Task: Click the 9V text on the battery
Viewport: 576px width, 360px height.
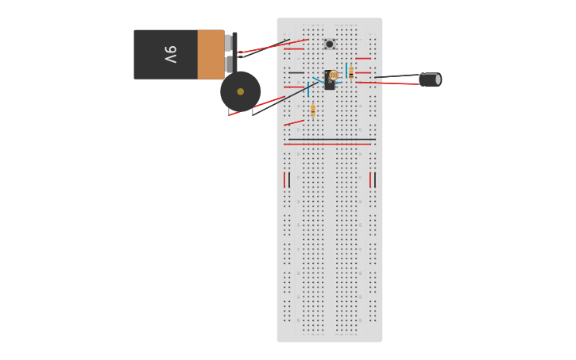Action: (170, 55)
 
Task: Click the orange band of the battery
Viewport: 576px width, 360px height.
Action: (211, 55)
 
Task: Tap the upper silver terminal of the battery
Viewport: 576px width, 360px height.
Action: (229, 42)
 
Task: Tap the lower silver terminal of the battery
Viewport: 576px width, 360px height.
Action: (229, 64)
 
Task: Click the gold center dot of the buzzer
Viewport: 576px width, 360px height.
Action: (241, 91)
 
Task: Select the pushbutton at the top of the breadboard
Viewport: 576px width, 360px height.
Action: (329, 45)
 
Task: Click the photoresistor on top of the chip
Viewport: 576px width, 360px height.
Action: (334, 75)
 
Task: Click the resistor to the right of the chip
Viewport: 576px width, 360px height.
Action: (351, 72)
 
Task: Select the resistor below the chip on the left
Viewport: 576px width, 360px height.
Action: (313, 110)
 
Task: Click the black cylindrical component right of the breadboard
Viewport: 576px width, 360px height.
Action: (430, 79)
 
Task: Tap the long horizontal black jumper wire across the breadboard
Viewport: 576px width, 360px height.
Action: (330, 140)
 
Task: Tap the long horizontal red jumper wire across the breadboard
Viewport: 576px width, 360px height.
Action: (330, 144)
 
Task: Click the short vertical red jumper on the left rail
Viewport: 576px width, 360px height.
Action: (284, 180)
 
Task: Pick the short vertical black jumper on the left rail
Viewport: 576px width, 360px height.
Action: (289, 180)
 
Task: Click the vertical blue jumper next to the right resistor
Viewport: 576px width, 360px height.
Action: (346, 70)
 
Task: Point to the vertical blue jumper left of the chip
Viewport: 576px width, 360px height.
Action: (308, 89)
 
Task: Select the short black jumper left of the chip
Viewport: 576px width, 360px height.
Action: (296, 72)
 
